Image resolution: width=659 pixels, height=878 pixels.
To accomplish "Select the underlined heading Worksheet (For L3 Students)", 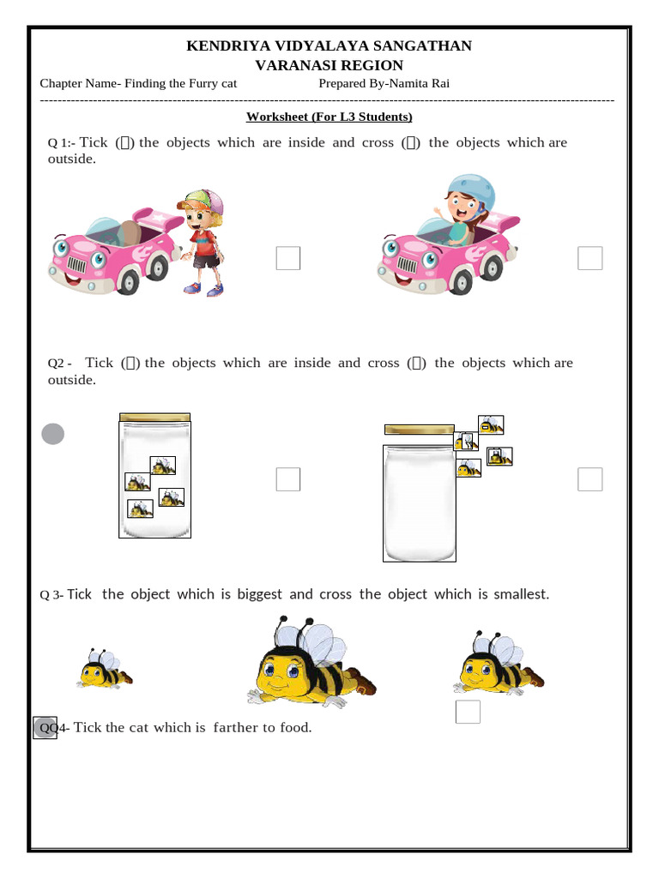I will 329,117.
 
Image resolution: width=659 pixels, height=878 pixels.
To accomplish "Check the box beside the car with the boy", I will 288,258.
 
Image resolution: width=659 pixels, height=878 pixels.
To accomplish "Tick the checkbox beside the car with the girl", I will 589,258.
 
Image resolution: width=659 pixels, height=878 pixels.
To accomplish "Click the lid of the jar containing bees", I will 154,417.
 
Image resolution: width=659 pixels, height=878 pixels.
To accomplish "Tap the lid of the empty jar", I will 419,429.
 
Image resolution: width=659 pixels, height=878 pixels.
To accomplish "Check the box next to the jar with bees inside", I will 288,479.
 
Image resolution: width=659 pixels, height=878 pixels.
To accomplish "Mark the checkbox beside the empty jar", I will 589,479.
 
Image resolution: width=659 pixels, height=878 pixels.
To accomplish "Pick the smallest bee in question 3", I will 103,670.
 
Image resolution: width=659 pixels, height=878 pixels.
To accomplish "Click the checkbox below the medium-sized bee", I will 468,712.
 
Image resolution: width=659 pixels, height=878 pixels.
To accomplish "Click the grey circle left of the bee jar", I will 53,435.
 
